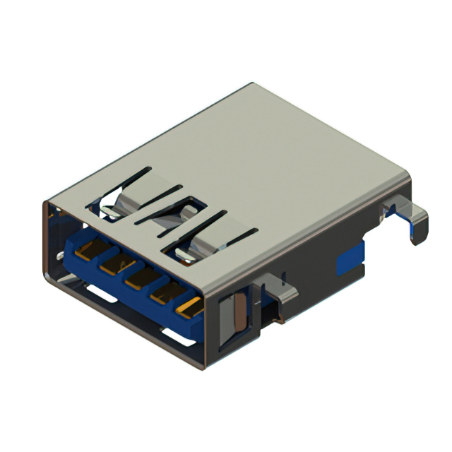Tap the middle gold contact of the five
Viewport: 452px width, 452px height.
(138, 278)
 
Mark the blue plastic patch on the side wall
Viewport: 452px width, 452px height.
(350, 261)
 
